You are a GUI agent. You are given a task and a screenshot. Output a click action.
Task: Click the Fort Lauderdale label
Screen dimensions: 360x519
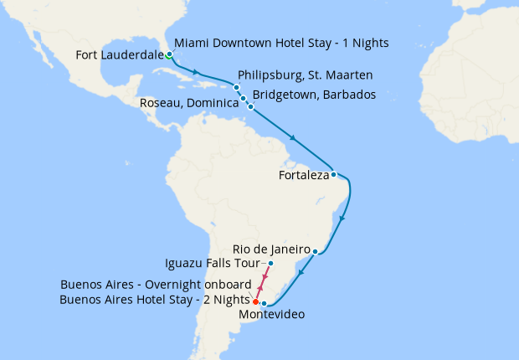tap(119, 56)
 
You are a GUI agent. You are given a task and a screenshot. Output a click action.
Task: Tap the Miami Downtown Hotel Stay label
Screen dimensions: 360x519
tap(281, 43)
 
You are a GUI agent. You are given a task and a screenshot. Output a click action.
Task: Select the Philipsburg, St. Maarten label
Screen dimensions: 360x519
tap(306, 75)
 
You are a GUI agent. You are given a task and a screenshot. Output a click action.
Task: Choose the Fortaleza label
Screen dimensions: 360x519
tap(302, 176)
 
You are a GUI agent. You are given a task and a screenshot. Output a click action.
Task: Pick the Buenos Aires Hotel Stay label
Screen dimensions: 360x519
tap(157, 299)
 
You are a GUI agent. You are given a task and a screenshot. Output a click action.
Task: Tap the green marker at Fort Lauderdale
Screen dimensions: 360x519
tap(169, 55)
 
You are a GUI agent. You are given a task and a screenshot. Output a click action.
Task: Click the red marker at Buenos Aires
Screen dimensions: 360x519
tap(255, 301)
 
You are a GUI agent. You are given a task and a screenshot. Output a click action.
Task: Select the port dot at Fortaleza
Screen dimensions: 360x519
tap(333, 175)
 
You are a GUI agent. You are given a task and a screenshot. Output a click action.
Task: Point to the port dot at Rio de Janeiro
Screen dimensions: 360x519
tap(315, 251)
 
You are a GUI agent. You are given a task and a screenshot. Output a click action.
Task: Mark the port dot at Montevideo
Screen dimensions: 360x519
tap(264, 304)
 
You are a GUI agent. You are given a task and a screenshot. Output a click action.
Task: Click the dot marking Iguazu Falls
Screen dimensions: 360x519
tap(270, 265)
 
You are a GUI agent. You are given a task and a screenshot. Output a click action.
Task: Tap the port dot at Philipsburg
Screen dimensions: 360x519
tap(237, 88)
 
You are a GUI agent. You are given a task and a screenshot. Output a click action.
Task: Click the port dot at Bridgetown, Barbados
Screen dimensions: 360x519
tap(250, 107)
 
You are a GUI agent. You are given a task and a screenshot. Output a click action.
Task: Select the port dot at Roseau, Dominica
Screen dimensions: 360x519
tap(244, 99)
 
